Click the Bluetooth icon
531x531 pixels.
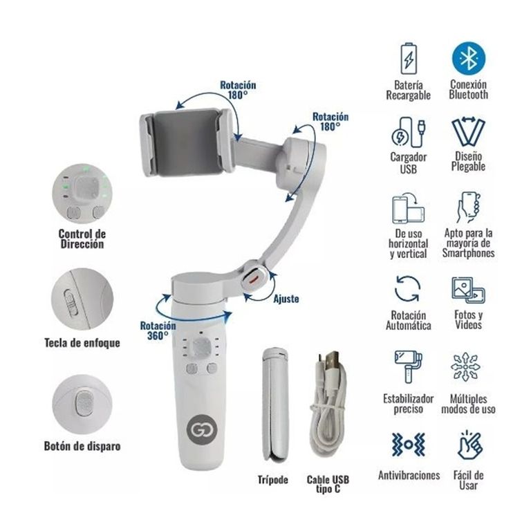(x=468, y=59)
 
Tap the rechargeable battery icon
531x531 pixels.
(x=409, y=59)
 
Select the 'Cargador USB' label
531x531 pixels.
(x=409, y=163)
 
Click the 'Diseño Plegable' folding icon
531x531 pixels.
(x=468, y=131)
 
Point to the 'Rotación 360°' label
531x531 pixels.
(x=158, y=330)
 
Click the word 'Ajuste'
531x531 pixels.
(x=286, y=299)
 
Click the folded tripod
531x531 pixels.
(x=275, y=404)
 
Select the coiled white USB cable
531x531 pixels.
(x=328, y=403)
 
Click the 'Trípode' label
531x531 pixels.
(x=272, y=480)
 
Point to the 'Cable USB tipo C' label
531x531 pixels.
(x=328, y=484)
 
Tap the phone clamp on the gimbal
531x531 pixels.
(x=187, y=142)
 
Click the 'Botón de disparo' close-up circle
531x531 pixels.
(x=82, y=404)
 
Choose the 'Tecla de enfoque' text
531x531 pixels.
(x=82, y=343)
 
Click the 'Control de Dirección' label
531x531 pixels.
(x=82, y=239)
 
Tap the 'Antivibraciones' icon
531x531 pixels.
(x=409, y=444)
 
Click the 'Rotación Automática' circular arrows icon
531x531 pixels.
(x=408, y=289)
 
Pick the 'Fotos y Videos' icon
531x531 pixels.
(x=468, y=290)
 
